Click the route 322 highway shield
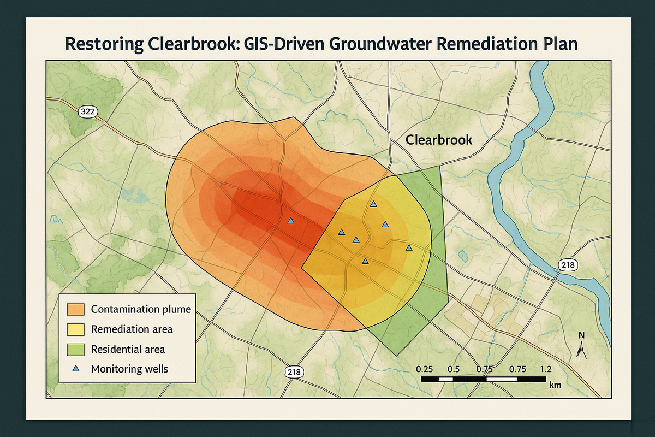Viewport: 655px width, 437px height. click(x=87, y=112)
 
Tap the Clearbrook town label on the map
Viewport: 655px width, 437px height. click(x=439, y=141)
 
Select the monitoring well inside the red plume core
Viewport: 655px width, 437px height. click(x=290, y=221)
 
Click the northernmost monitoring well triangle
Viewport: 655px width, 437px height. click(x=373, y=204)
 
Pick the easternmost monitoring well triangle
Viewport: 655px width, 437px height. click(x=409, y=248)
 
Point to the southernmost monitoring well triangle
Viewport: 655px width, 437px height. click(x=365, y=261)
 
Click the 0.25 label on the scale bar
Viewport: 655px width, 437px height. click(x=424, y=368)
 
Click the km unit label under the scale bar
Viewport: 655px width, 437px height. click(x=555, y=385)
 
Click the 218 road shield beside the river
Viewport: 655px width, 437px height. click(x=568, y=265)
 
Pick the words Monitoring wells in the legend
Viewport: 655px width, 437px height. click(x=129, y=369)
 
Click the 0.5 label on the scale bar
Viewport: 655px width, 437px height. click(x=453, y=368)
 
